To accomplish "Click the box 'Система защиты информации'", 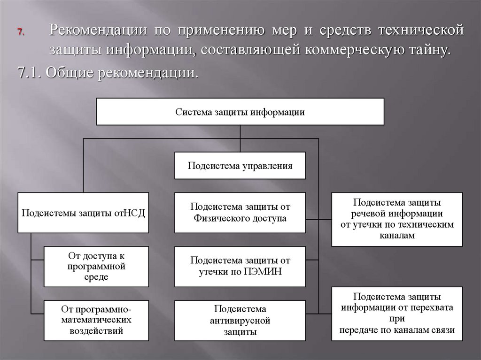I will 240,112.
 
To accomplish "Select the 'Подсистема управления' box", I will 240,166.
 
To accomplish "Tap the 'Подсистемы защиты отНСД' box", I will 83,213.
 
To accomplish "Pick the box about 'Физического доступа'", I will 240,213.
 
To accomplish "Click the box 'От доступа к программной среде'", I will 96,266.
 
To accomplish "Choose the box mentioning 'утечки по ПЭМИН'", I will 240,266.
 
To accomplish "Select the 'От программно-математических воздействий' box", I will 96,321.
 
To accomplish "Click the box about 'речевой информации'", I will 397,219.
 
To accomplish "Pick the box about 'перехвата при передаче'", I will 397,313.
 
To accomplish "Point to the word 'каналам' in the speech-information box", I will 397,236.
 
